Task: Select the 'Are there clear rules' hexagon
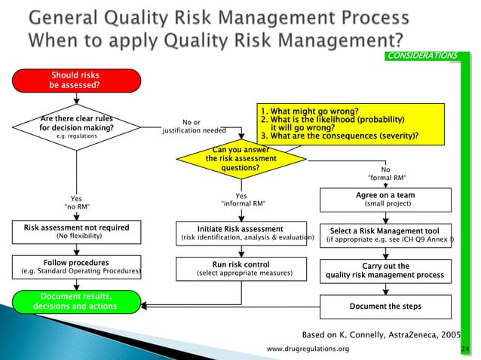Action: coord(76,127)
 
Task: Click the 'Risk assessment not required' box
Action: coord(76,231)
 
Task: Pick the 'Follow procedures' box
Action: coord(76,267)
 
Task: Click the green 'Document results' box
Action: coord(75,301)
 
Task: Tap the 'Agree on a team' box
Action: coord(385,200)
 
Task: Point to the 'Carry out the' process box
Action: coord(385,270)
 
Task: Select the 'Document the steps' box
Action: coord(385,307)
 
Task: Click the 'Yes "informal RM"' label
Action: coord(241,200)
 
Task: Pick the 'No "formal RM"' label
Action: coord(385,174)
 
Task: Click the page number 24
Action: coord(464,350)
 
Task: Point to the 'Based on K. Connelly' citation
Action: coord(381,334)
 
